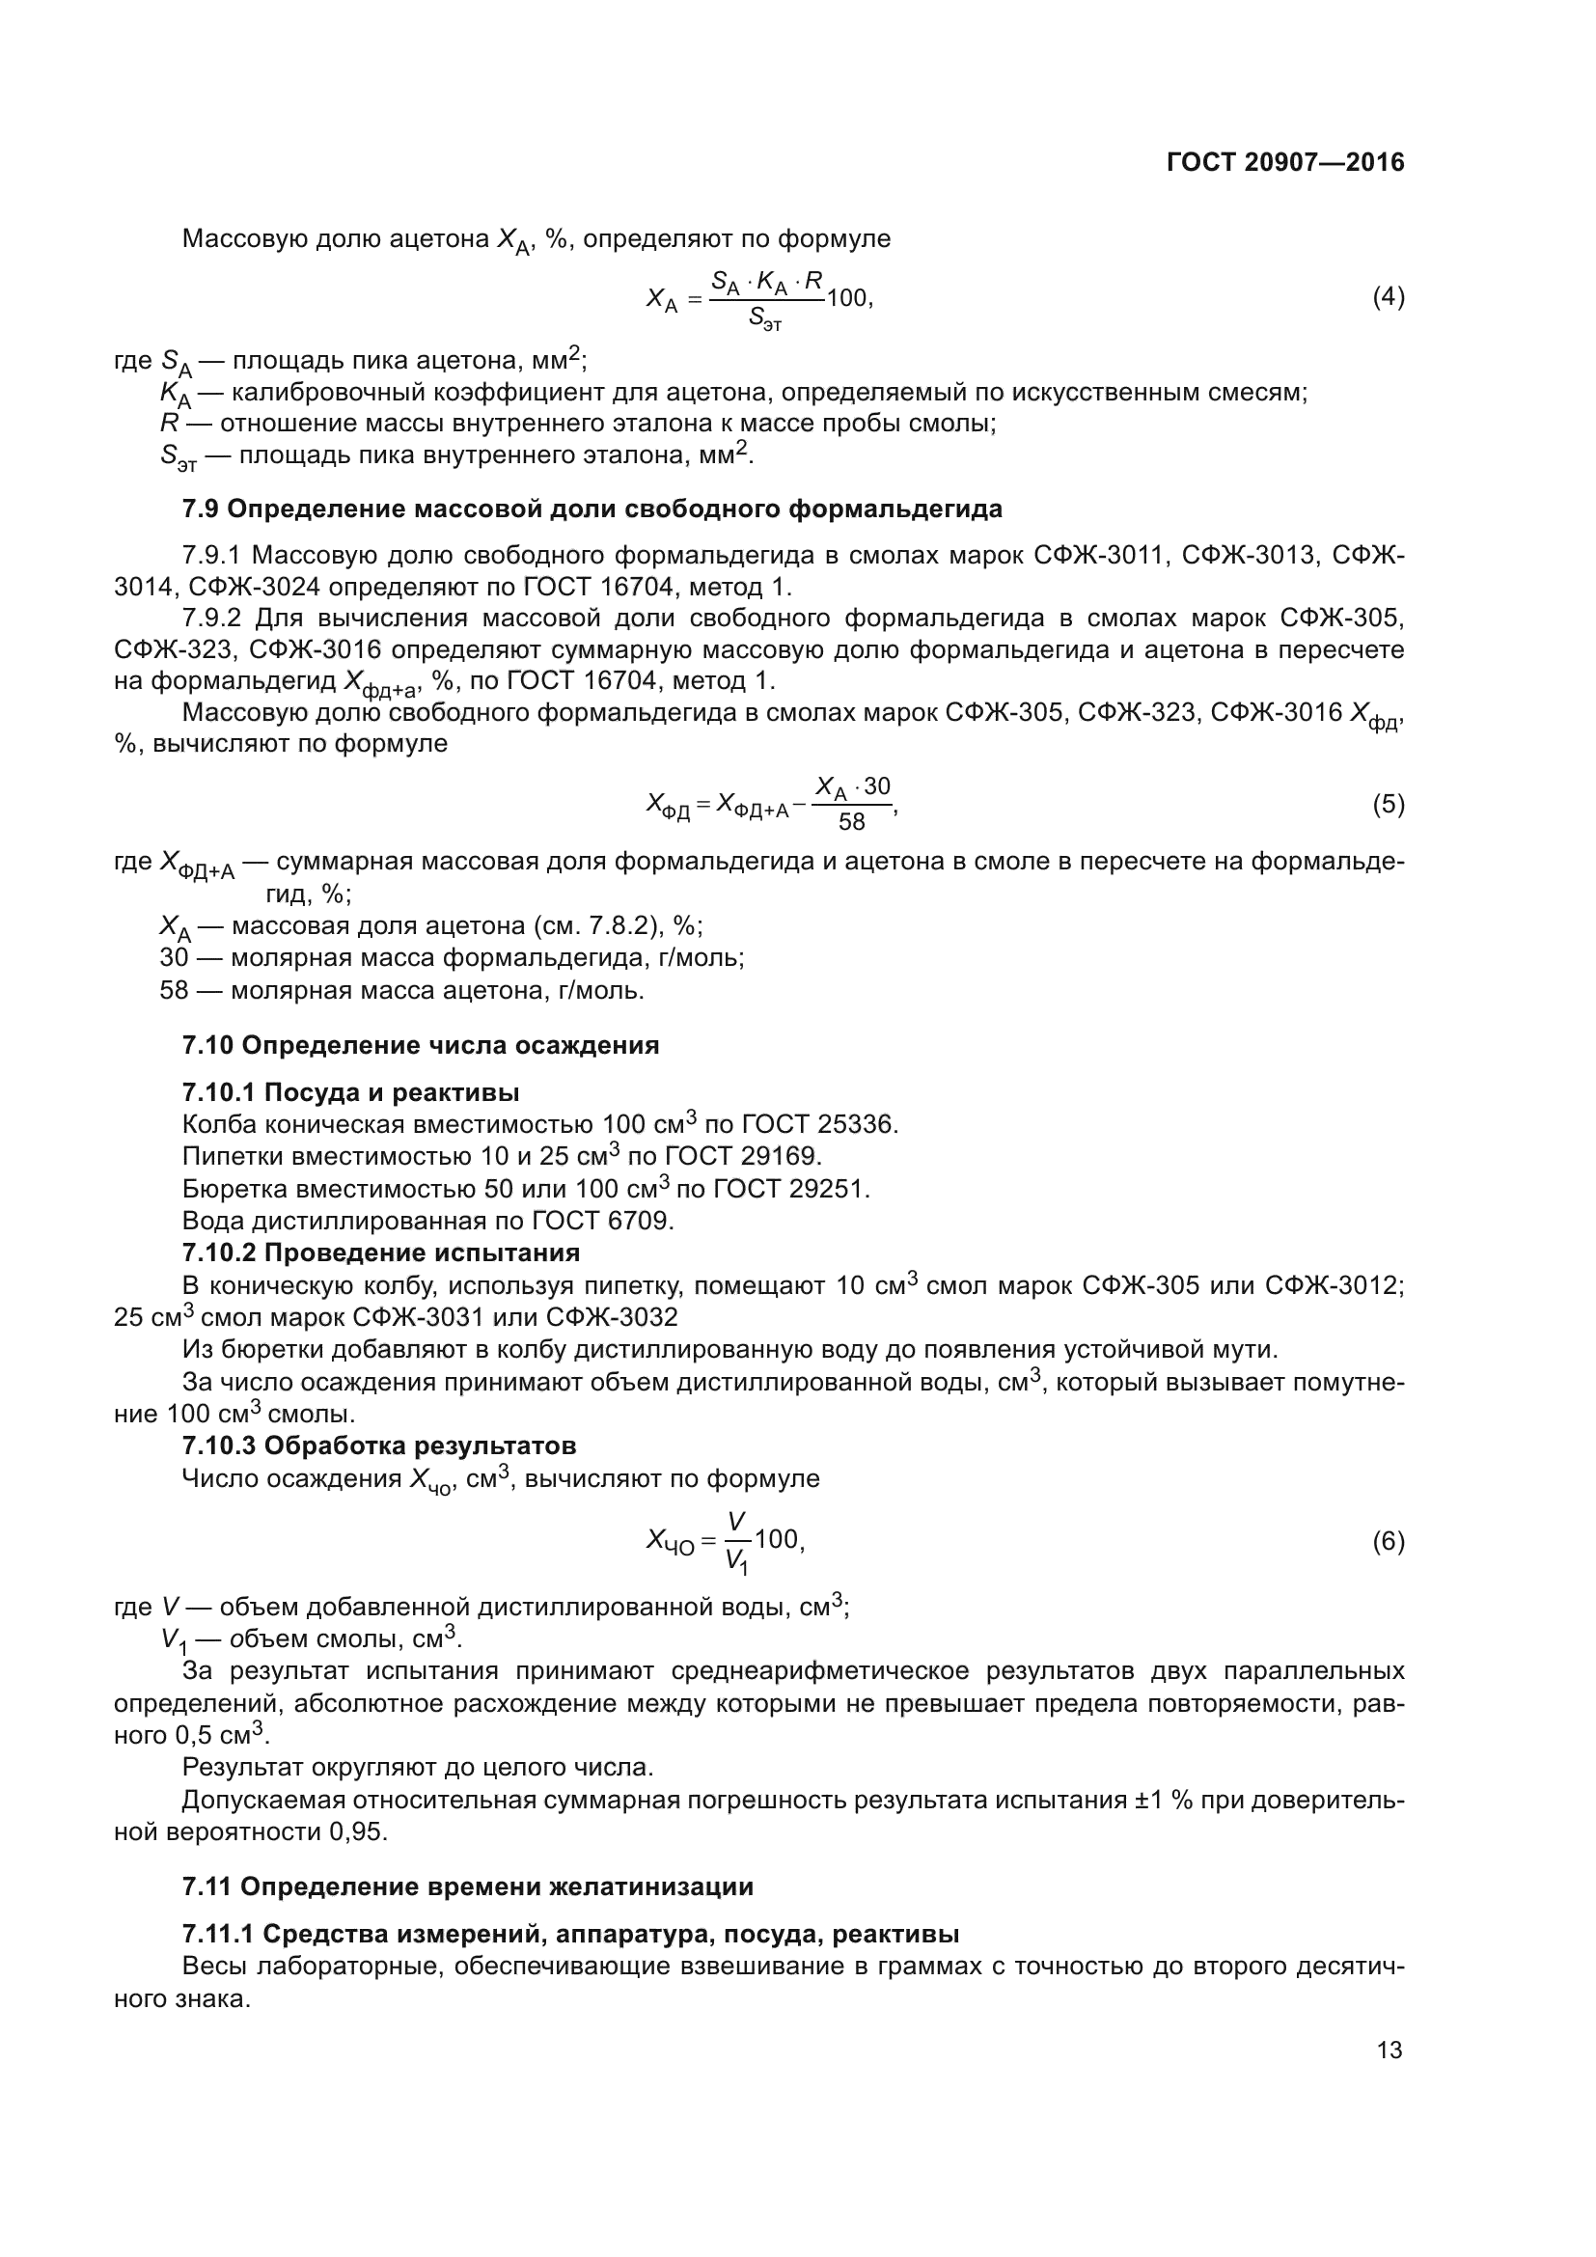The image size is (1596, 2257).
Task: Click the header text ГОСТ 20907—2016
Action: point(1285,162)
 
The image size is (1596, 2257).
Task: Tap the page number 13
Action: point(1390,2050)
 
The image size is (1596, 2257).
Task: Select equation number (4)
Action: point(1388,297)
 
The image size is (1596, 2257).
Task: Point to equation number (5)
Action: point(1388,804)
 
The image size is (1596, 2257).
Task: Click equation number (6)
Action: point(1388,1540)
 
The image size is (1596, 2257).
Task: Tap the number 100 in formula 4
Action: point(847,297)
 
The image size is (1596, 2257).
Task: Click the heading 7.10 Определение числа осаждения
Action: point(421,1045)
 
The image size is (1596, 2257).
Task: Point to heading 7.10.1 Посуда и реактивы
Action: point(351,1092)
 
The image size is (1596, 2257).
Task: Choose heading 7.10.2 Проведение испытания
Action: point(381,1252)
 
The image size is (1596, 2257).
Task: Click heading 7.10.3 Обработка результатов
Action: point(379,1445)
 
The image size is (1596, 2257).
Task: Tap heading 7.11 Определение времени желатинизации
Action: point(468,1886)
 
